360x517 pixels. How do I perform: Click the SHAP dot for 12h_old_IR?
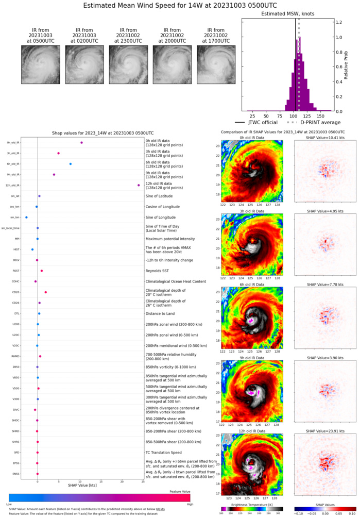coord(139,185)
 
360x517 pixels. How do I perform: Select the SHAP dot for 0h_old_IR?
coord(81,143)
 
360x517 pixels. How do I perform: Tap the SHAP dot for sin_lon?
coord(26,218)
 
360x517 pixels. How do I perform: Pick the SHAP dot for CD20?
coord(46,292)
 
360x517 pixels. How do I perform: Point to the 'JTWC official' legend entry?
coord(256,122)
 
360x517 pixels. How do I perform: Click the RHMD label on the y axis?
coord(16,356)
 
